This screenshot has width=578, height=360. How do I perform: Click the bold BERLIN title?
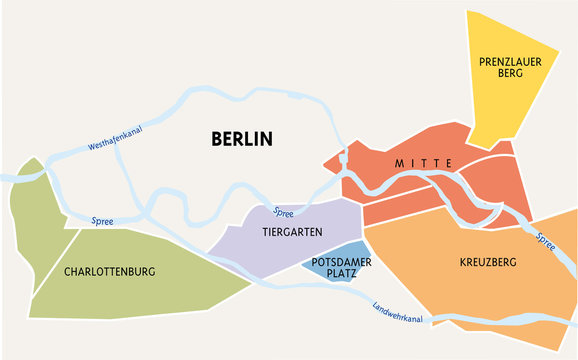[242, 139]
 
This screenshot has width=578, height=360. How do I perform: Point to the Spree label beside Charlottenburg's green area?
[102, 221]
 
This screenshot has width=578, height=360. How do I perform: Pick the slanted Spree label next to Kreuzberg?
[546, 241]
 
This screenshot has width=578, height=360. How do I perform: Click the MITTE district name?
[423, 163]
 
